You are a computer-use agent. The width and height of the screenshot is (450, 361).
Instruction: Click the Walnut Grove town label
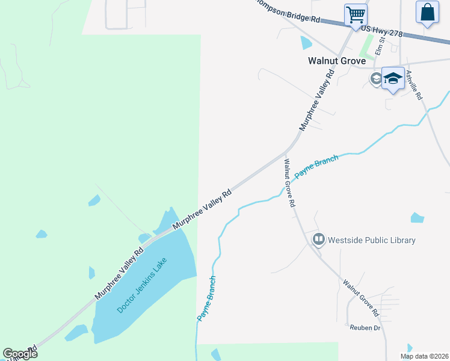click(x=336, y=61)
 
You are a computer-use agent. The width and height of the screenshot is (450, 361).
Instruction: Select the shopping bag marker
click(x=427, y=12)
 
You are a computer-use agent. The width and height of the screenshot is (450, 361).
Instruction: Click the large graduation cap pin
click(x=393, y=78)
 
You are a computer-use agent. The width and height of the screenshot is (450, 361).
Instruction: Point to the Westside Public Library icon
click(x=318, y=240)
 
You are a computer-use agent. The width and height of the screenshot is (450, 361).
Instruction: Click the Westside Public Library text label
click(x=372, y=240)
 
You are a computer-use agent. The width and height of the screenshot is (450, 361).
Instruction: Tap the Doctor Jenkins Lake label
click(x=142, y=285)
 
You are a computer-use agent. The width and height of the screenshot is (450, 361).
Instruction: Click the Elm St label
click(x=380, y=46)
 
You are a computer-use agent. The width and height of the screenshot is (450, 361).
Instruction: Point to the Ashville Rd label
click(x=414, y=85)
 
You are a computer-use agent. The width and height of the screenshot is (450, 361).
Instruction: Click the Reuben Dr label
click(x=366, y=328)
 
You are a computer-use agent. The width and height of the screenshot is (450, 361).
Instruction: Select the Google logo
click(x=20, y=354)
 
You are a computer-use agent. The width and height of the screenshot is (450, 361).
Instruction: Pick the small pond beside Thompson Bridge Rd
click(x=306, y=42)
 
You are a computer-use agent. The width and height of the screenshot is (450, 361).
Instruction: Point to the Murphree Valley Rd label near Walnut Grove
click(x=316, y=100)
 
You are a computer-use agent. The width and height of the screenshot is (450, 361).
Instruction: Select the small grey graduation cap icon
click(x=376, y=79)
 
